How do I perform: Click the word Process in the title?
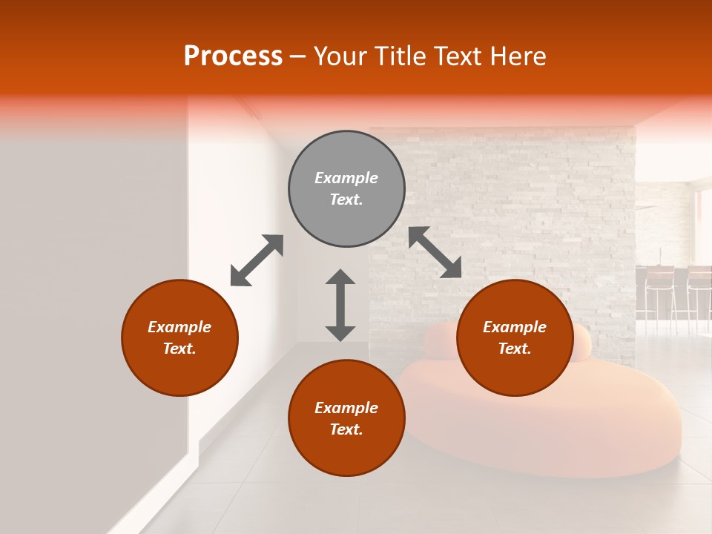coord(233,56)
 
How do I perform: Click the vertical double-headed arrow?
coord(340,305)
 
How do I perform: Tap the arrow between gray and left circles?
coord(257,260)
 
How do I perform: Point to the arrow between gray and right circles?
coord(435,252)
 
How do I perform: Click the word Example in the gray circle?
coord(346,178)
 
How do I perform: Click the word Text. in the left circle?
coord(179,349)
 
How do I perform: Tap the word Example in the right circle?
coord(515,327)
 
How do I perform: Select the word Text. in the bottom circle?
coord(346,429)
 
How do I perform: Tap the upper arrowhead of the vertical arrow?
coord(340,277)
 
